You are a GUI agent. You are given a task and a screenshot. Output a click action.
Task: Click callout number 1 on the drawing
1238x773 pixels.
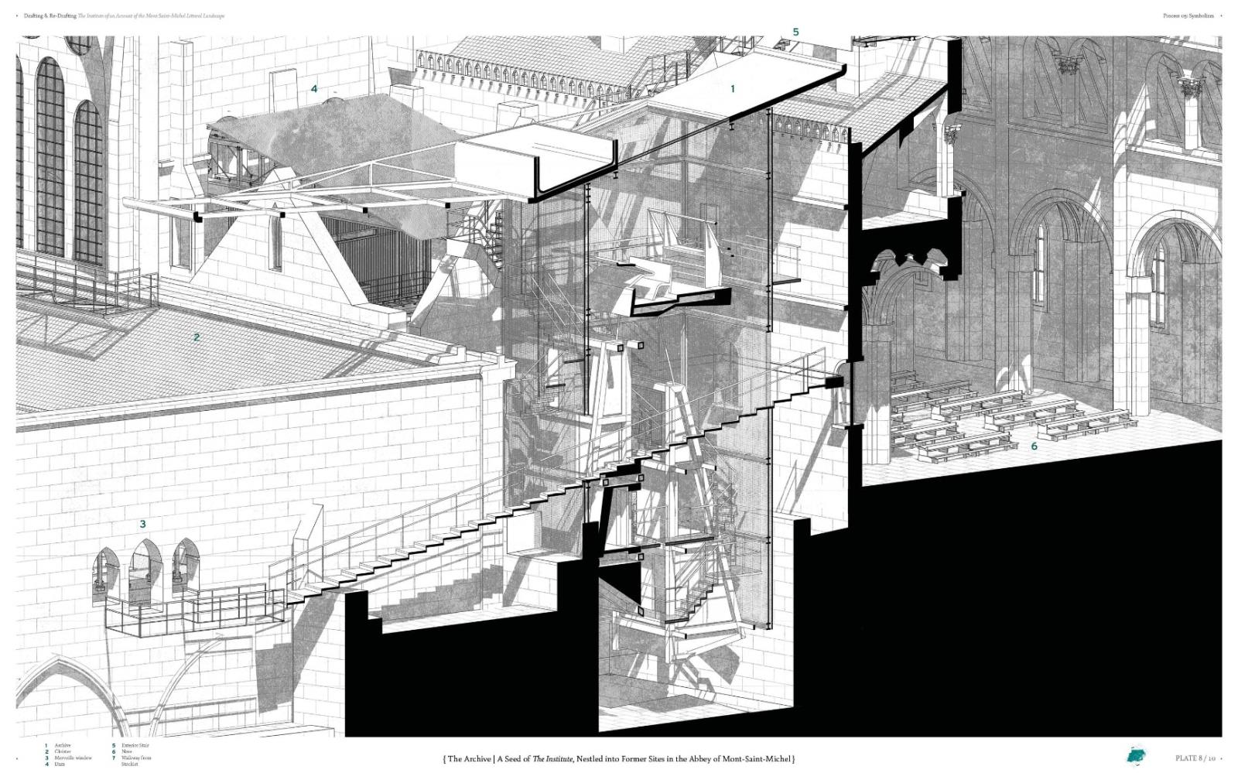732,89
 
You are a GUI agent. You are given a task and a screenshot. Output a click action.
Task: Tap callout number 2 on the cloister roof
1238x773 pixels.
197,337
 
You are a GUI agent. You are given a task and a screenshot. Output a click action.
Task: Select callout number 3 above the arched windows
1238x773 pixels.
142,524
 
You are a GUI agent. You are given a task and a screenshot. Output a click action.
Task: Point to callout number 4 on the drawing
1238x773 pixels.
314,89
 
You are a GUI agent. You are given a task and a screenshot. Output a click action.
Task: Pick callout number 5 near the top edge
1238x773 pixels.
795,32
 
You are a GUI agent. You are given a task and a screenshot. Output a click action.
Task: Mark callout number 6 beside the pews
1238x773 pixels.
1034,446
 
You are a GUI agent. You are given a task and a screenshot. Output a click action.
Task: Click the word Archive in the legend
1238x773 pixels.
63,745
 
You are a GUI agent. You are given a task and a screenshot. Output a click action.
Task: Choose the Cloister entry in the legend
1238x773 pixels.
63,751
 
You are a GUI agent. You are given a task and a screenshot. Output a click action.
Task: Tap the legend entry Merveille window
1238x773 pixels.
73,758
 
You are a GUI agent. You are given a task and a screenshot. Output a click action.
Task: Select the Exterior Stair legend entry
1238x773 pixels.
135,745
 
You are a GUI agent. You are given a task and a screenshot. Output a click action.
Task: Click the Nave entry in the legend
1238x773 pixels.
128,751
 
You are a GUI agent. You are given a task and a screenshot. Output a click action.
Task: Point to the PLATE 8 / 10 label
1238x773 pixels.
1195,758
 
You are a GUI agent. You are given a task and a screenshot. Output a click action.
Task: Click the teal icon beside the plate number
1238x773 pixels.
1137,755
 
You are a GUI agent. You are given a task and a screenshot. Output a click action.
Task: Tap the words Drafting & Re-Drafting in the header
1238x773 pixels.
50,15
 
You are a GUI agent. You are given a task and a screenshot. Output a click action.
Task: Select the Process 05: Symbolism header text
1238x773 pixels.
1188,15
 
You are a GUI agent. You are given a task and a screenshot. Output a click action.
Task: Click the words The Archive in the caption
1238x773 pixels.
469,759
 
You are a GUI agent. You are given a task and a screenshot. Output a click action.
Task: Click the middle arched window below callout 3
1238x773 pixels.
143,569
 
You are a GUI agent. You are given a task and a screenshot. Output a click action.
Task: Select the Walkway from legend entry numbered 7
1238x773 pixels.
136,758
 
